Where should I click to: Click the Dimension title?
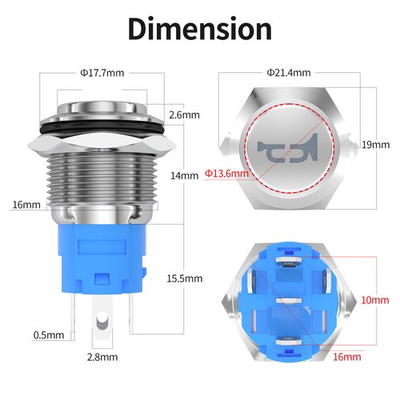coord(200,29)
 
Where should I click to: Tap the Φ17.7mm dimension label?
coord(102,73)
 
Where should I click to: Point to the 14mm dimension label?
coord(186,175)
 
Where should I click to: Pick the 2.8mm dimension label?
coord(102,357)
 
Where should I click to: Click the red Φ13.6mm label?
coord(226,173)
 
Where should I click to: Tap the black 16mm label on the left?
coord(26,205)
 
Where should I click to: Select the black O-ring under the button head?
coord(102,126)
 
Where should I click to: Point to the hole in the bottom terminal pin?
coord(102,322)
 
